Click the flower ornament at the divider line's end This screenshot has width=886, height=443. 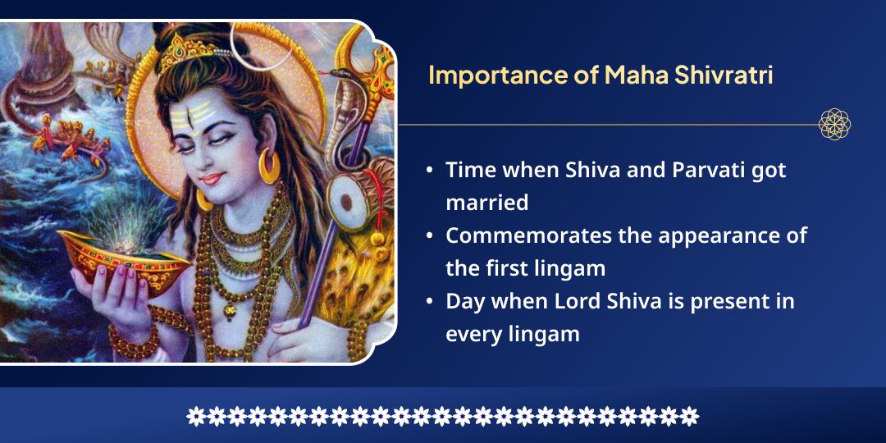[x=834, y=125]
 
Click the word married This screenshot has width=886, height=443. [x=486, y=202]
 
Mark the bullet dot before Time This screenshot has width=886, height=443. [x=430, y=171]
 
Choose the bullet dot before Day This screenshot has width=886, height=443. [x=430, y=302]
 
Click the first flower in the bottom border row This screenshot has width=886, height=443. [x=195, y=416]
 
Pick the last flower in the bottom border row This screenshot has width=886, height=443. [x=690, y=416]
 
